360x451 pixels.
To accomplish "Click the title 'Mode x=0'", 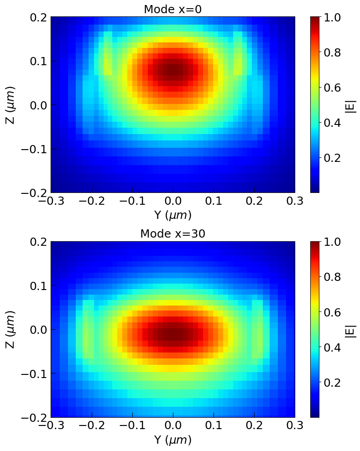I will click(x=172, y=9).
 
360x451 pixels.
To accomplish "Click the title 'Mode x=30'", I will click(x=172, y=234).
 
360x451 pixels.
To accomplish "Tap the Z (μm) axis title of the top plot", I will click(x=11, y=104).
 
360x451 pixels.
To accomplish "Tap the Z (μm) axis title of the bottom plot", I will click(x=11, y=329).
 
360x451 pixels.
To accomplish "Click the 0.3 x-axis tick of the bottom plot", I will click(x=295, y=426).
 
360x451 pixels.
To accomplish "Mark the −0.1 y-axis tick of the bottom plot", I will click(x=35, y=373).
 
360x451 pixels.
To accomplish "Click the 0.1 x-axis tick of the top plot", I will click(x=214, y=201).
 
